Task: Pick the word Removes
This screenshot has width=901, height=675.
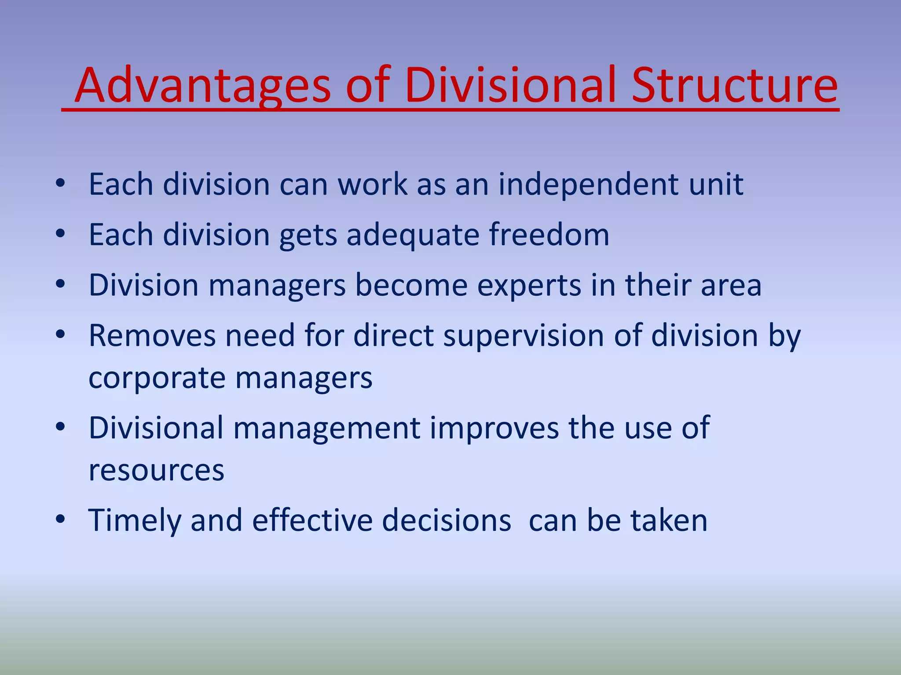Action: [152, 336]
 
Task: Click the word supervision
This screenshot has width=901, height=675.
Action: [523, 337]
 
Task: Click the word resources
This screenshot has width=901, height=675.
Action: [156, 471]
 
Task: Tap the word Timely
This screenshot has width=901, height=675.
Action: [134, 521]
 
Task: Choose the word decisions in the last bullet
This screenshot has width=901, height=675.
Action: [447, 521]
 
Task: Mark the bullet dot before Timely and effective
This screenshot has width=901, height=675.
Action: [60, 519]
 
